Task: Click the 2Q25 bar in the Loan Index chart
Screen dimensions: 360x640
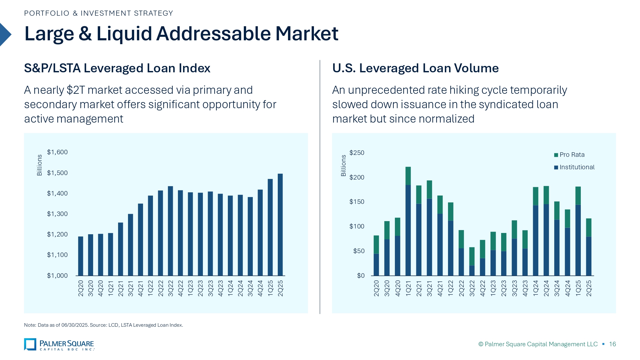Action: (280, 224)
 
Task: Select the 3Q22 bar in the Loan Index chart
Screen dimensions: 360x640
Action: (170, 230)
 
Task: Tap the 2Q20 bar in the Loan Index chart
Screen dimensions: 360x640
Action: (81, 256)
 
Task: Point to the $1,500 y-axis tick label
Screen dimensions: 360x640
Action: (57, 173)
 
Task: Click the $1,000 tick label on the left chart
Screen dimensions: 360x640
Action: (57, 276)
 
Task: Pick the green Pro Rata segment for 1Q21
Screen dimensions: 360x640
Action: (408, 176)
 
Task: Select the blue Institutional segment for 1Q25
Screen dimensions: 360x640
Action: (578, 240)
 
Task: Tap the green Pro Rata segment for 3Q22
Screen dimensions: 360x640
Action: (472, 256)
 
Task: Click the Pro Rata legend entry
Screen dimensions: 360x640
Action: (572, 155)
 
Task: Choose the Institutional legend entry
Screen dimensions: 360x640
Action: (577, 167)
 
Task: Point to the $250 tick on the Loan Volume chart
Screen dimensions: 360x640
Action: (357, 153)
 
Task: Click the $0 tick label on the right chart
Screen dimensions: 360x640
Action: (361, 276)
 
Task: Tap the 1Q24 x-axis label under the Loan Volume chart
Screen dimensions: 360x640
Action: (536, 288)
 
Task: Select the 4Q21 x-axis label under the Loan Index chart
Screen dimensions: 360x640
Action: (140, 288)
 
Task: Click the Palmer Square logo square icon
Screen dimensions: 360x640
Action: (30, 344)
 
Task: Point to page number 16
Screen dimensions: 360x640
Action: (612, 344)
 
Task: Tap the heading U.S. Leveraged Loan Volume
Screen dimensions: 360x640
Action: (415, 68)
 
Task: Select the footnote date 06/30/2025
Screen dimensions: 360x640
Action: (75, 325)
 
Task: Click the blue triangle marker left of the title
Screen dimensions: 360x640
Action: (5, 35)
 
